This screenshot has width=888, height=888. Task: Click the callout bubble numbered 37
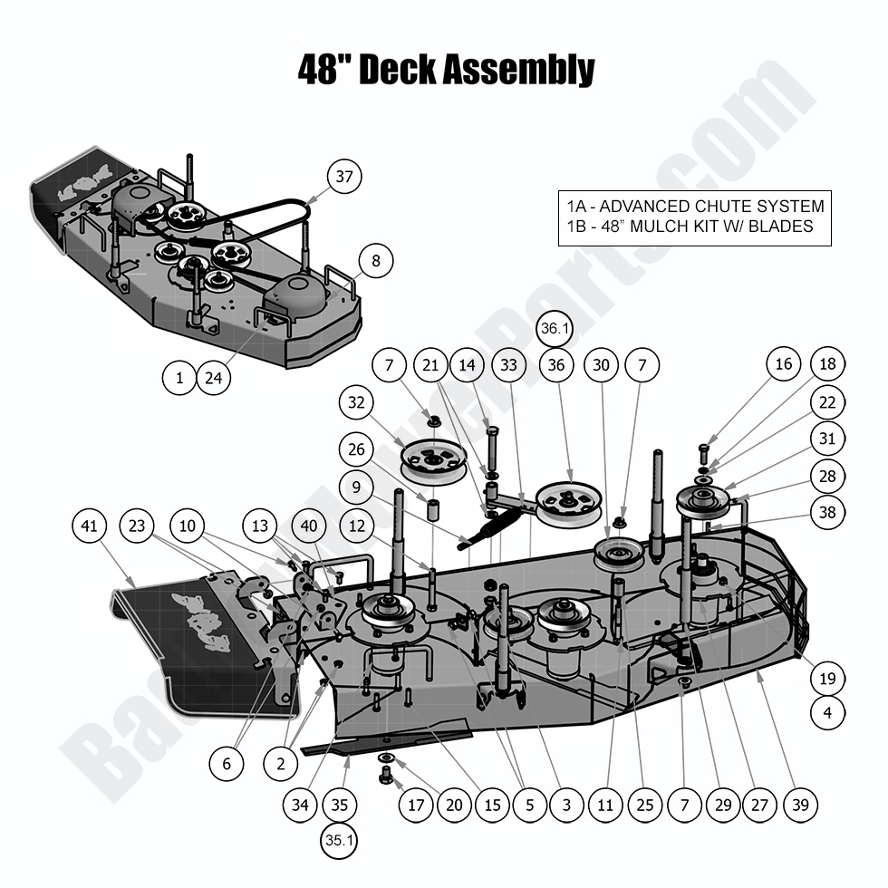coord(343,177)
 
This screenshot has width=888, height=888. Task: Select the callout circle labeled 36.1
coord(555,331)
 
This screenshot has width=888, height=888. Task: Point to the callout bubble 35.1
coord(338,841)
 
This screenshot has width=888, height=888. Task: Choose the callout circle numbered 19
coord(827,679)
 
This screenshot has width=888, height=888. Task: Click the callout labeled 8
coord(376,262)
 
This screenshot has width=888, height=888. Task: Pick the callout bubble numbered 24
coord(213,378)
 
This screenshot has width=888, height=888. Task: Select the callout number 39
coord(800,804)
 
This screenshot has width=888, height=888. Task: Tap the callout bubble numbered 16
coord(784,364)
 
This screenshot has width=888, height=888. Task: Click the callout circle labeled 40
coord(310,526)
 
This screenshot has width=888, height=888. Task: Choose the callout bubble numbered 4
coord(827,713)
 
